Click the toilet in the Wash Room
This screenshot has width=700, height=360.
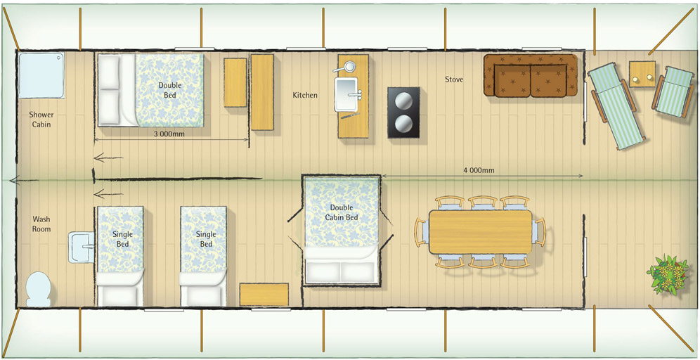click(x=39, y=289)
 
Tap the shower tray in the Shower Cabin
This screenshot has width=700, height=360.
click(x=41, y=75)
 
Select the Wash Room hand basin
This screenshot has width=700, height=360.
click(x=82, y=247)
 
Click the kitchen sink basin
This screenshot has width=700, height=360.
click(x=346, y=94)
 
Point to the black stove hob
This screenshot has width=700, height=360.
click(x=403, y=112)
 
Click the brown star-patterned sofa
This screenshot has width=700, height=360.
click(x=531, y=75)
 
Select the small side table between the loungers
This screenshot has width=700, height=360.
click(x=642, y=74)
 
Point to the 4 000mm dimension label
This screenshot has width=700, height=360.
click(x=479, y=169)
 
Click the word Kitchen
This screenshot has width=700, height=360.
click(x=305, y=95)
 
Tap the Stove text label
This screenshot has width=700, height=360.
click(x=454, y=80)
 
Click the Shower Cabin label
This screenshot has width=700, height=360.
click(x=41, y=120)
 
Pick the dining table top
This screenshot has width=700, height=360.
click(x=480, y=232)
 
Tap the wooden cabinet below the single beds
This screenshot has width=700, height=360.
click(x=264, y=295)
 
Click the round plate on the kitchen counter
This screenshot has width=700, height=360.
click(x=349, y=66)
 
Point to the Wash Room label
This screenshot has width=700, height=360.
click(x=41, y=224)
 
